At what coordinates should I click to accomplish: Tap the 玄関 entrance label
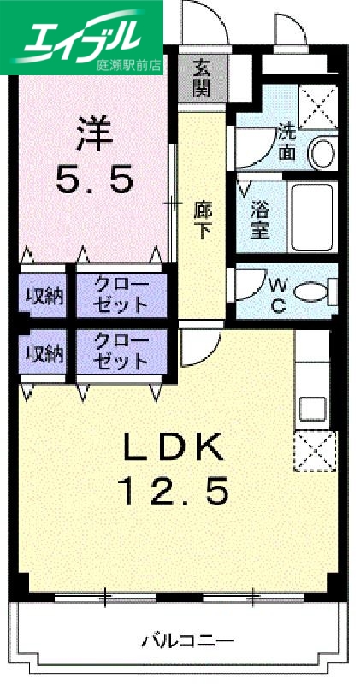coord(201,77)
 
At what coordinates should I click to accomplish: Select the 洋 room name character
coord(95,133)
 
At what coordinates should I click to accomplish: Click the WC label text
coord(277,294)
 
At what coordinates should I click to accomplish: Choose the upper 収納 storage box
coord(43,296)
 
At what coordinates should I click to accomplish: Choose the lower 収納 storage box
coord(43,353)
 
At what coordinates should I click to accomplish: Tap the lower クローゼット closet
coord(120,352)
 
